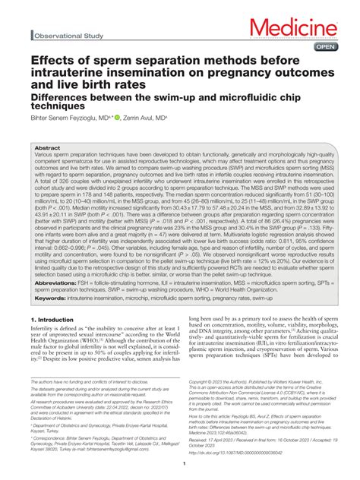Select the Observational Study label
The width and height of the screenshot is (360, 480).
tap(68, 36)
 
